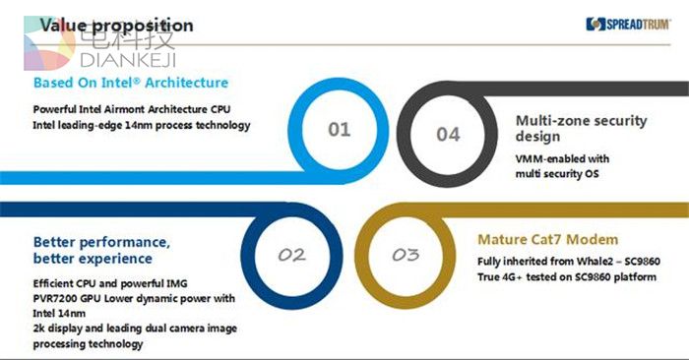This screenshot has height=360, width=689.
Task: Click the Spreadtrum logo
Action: tap(628, 24)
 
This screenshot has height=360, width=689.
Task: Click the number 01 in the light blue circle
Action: tap(340, 130)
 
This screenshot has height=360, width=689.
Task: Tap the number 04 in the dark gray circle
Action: tap(448, 135)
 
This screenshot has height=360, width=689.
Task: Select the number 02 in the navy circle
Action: tap(291, 255)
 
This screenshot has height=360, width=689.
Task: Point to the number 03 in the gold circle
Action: tap(406, 255)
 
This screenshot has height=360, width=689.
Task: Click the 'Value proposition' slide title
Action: tap(116, 26)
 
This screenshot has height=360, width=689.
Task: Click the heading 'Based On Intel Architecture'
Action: tap(131, 83)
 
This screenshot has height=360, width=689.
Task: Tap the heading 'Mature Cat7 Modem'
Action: tap(548, 240)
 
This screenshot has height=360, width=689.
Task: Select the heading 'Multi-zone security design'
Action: tap(581, 128)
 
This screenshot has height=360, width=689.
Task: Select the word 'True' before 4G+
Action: tap(488, 277)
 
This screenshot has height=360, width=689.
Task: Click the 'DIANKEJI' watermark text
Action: tap(128, 60)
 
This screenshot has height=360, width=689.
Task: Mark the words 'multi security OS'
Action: tap(557, 174)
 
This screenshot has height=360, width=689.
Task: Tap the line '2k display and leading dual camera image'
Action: tap(135, 329)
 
